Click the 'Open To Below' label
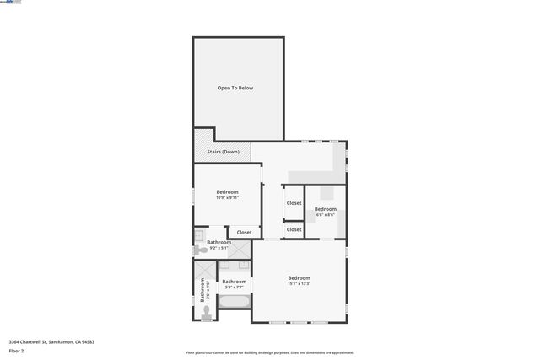pos(235,88)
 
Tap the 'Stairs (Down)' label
pos(224,152)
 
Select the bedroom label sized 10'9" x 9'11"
pos(227,194)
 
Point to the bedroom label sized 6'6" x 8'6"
pos(326,211)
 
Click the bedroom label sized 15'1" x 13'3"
pos(299,280)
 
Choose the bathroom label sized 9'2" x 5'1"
pos(219,244)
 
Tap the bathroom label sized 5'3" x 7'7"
pos(234,283)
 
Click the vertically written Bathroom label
pos(202,290)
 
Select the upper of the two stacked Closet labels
pos(294,203)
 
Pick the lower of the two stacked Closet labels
pos(294,229)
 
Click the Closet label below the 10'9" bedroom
pos(244,232)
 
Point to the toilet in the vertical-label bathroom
pos(206,312)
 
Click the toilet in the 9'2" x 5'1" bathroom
pos(199,250)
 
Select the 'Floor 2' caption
pos(16,350)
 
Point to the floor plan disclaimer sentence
pos(269,353)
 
